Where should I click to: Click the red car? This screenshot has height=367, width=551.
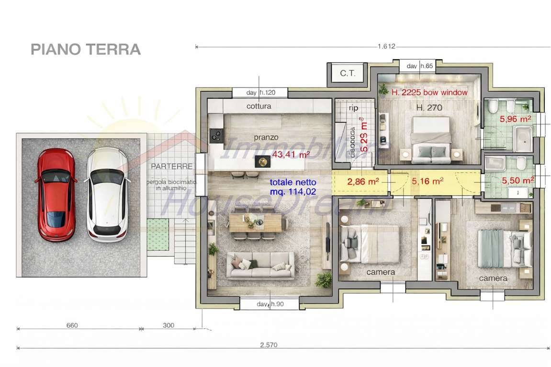coord(56,194)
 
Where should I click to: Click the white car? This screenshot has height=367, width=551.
coord(107,194)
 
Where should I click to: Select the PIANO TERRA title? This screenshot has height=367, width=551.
coord(85,49)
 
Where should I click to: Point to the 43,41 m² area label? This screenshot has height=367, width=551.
coord(291,154)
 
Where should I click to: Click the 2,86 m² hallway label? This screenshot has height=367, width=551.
coord(363,181)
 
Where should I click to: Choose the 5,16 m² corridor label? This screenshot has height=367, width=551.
coord(427,181)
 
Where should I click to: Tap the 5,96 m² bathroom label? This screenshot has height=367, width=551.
coord(515,119)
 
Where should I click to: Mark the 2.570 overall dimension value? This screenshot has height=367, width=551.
coord(269,345)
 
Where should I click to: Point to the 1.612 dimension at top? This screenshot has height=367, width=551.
coord(386,46)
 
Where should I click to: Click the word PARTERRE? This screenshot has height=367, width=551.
coord(171,167)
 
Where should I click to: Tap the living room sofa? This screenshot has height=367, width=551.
coord(260,266)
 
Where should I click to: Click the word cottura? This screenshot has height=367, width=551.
coord(259,106)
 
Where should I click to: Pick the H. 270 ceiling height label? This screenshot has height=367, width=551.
coord(429,108)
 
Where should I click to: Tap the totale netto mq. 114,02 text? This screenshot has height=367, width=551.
coord(293,187)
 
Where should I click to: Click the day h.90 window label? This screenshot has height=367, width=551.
coord(270,304)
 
